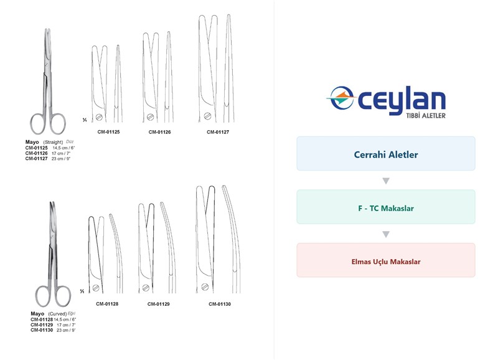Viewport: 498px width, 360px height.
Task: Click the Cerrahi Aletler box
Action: (x=386, y=153)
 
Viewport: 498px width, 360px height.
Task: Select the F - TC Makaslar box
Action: (x=386, y=207)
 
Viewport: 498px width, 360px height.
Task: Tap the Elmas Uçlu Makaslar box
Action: (x=386, y=260)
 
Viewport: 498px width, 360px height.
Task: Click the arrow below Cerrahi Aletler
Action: (x=386, y=181)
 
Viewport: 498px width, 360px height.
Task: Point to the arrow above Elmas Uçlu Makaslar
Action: (x=386, y=234)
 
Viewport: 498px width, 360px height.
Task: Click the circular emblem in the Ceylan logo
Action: (x=341, y=98)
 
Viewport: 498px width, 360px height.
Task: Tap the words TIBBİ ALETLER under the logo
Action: (x=426, y=116)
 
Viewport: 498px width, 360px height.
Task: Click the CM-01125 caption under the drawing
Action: (x=108, y=132)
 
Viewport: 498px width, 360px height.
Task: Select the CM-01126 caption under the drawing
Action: (x=160, y=132)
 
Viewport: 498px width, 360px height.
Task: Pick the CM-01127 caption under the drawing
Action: (x=218, y=132)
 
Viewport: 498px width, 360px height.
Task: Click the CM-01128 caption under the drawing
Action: (x=107, y=304)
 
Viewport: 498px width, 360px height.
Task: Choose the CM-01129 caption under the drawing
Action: (x=159, y=304)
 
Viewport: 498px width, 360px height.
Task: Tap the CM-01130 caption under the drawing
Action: (x=220, y=304)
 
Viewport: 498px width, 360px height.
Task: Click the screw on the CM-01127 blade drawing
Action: (x=207, y=116)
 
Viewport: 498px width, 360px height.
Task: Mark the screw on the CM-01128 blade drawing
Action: (x=96, y=288)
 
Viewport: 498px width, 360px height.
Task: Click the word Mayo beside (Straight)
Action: (x=32, y=142)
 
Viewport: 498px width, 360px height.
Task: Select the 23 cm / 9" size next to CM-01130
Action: (x=66, y=330)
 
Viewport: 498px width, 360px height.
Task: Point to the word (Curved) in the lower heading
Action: (x=57, y=314)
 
